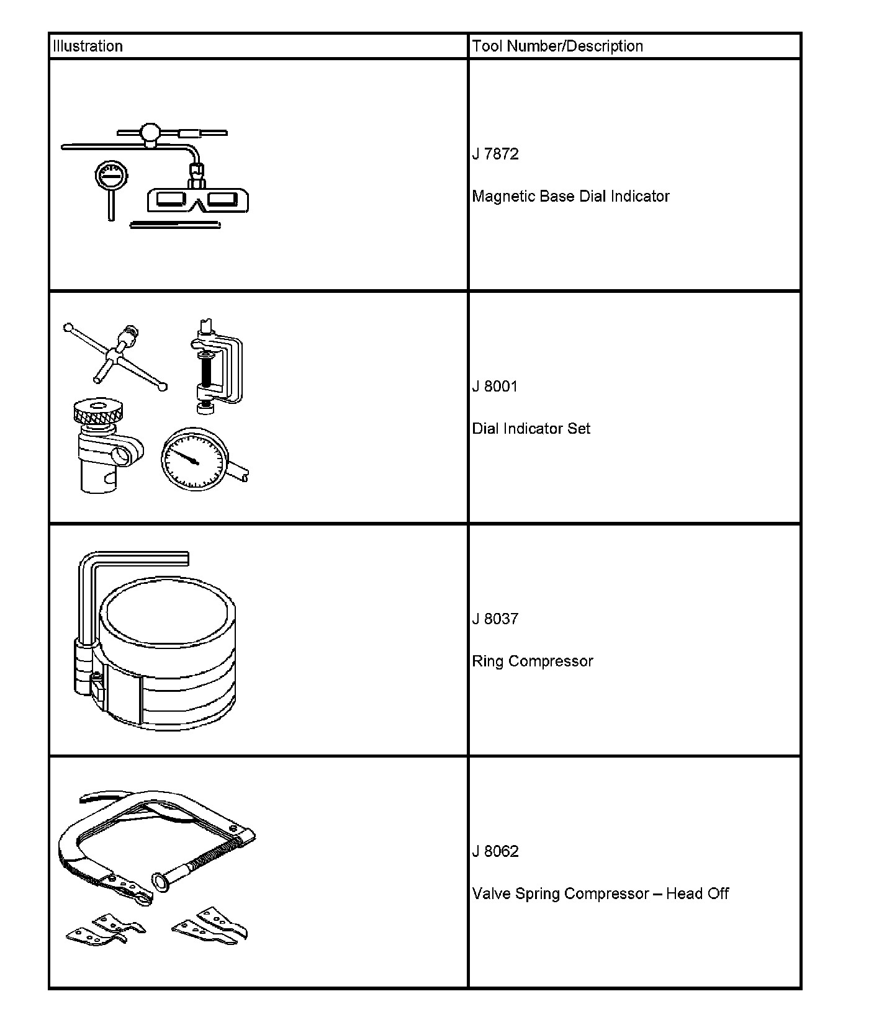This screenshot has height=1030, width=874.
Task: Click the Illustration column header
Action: [x=88, y=46]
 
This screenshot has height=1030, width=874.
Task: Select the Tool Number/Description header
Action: [x=557, y=46]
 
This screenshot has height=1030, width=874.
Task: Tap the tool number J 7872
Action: [x=495, y=154]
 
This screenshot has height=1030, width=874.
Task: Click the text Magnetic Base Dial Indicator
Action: [x=570, y=196]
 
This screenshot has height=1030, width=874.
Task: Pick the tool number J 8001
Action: [x=495, y=386]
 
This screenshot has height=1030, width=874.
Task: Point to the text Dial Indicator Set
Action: [x=531, y=428]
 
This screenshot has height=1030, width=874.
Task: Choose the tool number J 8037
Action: [x=495, y=619]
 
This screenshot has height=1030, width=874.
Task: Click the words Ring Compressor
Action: [x=532, y=661]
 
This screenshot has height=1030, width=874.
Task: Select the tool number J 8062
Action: [x=495, y=851]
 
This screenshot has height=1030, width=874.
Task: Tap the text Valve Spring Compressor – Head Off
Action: [x=600, y=893]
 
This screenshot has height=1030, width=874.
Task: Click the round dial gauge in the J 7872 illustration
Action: [x=112, y=177]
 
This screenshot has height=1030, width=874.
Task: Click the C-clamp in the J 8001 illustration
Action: [x=217, y=366]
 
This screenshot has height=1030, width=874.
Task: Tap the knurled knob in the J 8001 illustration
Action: [x=97, y=410]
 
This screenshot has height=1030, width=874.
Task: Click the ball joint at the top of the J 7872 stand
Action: [x=150, y=132]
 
